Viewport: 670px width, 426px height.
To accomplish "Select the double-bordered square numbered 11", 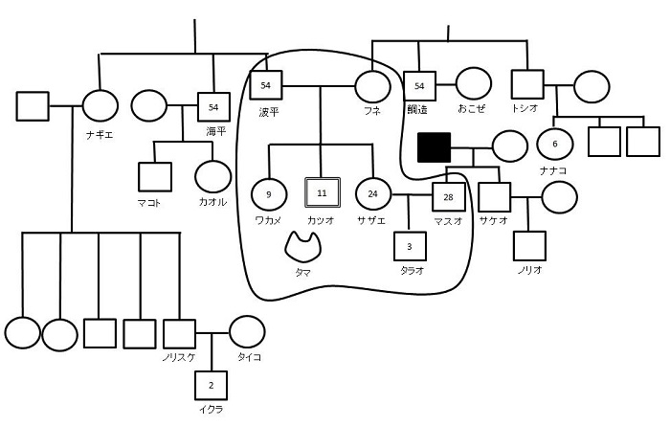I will (x=322, y=193).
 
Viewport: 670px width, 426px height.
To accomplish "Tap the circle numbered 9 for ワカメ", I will (x=269, y=193).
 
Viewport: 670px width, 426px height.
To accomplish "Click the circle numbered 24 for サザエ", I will (x=372, y=194).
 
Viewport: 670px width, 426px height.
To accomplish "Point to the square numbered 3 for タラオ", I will (x=410, y=246).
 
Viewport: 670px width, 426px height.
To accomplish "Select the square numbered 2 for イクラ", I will (x=211, y=386).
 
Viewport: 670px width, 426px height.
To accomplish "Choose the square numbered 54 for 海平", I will (x=213, y=106).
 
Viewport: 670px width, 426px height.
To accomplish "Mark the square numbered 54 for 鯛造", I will (x=419, y=86).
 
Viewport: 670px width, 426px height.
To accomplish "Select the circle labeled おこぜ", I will (x=473, y=85).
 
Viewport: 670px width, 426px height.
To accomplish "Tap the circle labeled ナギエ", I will (x=100, y=106).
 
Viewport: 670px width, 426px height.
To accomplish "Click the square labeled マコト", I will (x=154, y=177).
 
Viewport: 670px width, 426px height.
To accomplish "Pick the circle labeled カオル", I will (x=212, y=176).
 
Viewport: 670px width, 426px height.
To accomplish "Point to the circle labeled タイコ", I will (x=247, y=333).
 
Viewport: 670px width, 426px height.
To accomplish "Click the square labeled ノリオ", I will (x=528, y=246).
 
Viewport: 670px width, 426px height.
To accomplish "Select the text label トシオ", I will (x=525, y=108).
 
